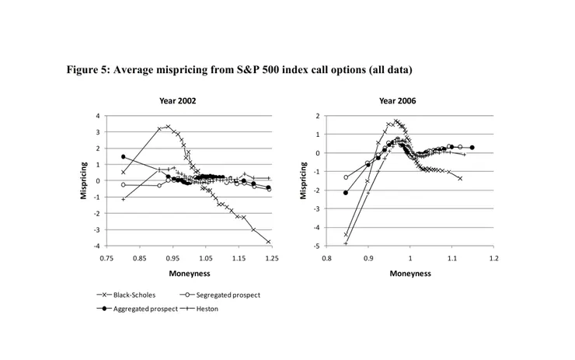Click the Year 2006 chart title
396,102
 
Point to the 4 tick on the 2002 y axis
98,116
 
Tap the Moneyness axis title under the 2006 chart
409,274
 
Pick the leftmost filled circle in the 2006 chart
346,193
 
